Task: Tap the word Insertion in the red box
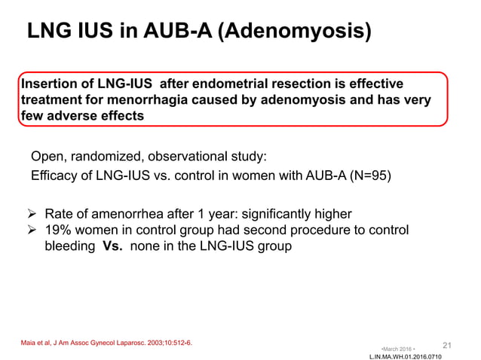pos(49,84)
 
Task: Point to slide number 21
pos(446,345)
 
